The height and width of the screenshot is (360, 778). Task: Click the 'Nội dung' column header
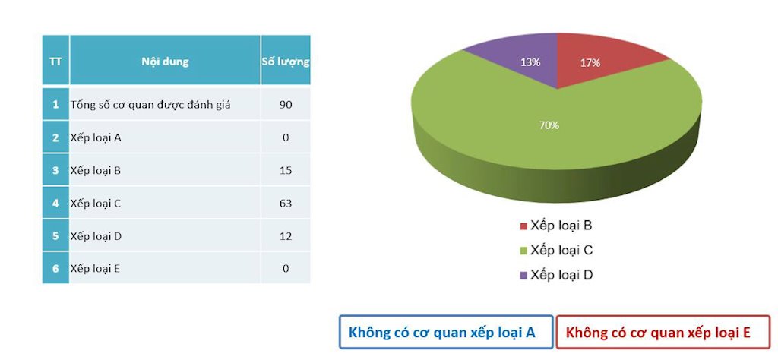165,61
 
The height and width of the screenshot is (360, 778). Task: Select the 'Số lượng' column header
285,61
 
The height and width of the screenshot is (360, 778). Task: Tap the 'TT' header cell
55,61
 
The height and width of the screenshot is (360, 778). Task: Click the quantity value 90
286,105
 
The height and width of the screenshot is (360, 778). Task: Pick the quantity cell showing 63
286,204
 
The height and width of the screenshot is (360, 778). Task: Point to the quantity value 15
286,170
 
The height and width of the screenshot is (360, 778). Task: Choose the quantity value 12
286,236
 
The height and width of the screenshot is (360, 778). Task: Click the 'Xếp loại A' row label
96,137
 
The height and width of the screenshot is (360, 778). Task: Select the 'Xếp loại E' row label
96,269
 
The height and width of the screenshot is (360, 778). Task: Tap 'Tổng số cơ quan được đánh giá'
150,105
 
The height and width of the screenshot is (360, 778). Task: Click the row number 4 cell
55,204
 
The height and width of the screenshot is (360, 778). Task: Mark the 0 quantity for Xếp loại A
286,137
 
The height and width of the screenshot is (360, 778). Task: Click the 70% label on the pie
549,125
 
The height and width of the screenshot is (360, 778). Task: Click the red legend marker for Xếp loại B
523,226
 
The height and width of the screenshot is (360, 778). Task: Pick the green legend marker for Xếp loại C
523,251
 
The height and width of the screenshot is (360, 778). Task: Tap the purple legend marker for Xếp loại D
523,276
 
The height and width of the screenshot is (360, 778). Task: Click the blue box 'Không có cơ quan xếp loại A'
445,332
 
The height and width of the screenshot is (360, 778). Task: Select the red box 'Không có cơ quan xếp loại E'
663,332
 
